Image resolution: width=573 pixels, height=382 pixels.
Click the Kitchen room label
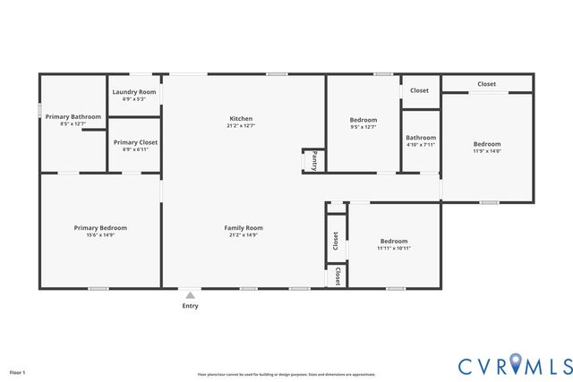click(241, 119)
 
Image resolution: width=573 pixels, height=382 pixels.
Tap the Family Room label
click(243, 228)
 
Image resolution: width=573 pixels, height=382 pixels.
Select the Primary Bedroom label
click(100, 228)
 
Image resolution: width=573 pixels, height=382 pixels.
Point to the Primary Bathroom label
click(73, 116)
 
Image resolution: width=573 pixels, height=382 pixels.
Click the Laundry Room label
click(134, 92)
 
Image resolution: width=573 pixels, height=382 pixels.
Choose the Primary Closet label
click(134, 142)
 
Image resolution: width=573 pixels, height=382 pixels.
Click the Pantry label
click(315, 160)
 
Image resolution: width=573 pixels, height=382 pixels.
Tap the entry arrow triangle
click(190, 293)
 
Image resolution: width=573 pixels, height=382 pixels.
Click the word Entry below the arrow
click(190, 306)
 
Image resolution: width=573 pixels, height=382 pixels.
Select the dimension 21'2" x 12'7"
click(241, 126)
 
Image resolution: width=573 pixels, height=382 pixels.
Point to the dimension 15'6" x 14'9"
click(100, 235)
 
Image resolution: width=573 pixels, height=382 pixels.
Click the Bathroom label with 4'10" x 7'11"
click(421, 138)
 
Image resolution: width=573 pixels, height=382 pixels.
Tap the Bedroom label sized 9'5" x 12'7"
click(363, 120)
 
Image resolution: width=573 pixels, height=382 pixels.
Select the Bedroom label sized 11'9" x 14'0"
click(487, 144)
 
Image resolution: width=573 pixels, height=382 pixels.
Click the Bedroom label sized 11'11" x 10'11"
click(394, 241)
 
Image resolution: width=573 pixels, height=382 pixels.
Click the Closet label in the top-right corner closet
click(486, 84)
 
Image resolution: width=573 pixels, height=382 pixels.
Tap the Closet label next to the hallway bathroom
click(419, 90)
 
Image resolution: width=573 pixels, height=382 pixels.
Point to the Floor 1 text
click(18, 372)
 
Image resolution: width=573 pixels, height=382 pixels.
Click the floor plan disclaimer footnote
click(286, 375)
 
